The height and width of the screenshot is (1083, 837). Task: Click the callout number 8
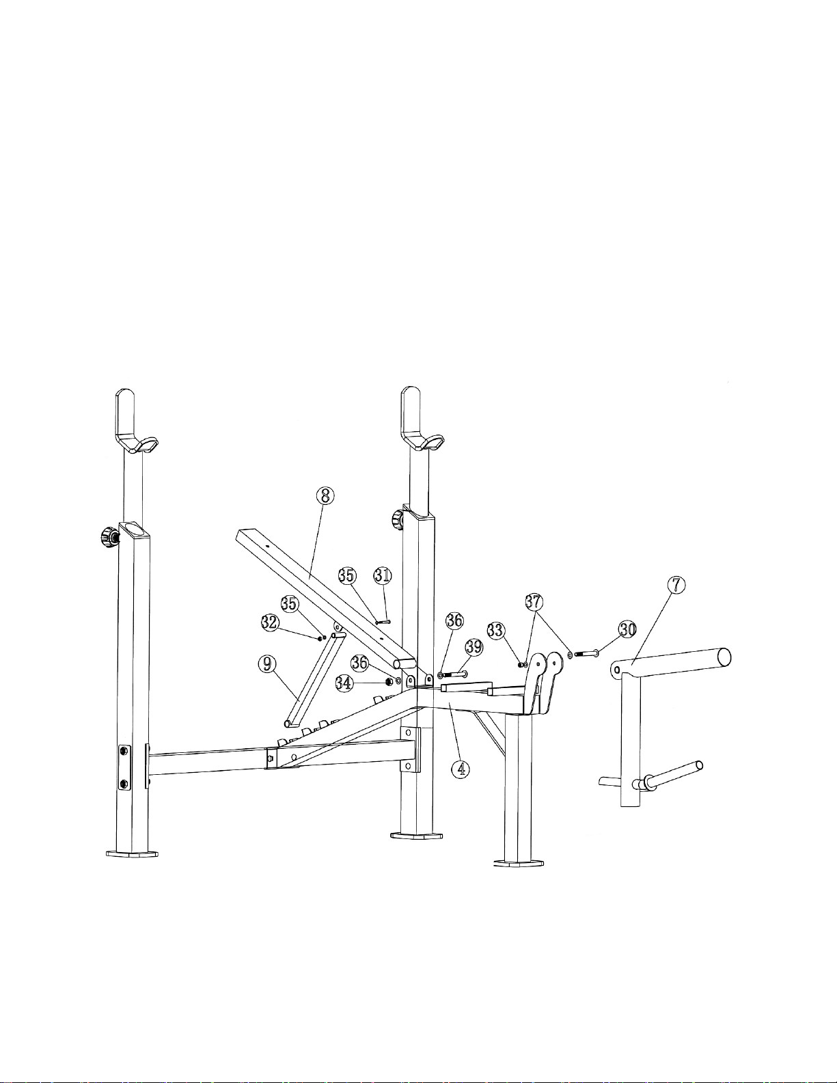[x=325, y=496]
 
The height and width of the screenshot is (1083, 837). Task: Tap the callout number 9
[x=268, y=663]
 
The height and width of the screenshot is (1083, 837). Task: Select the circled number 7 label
[x=676, y=586]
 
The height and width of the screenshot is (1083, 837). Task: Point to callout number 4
[x=461, y=769]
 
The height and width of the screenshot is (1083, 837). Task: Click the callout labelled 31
[x=383, y=575]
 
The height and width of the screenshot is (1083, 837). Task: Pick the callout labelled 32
[x=270, y=622]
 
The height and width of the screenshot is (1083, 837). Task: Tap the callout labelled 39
[x=474, y=647]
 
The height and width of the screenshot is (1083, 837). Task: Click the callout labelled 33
[x=495, y=631]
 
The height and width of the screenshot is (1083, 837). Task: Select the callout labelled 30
[x=628, y=629]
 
